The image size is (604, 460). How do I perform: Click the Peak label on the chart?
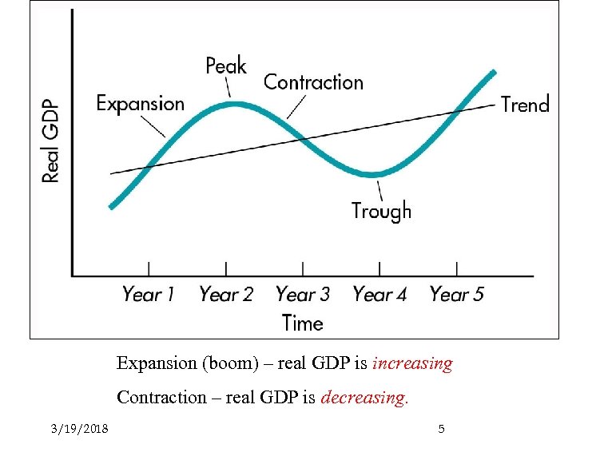click(x=226, y=65)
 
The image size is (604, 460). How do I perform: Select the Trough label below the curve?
click(x=381, y=211)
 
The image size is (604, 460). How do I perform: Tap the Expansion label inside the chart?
click(x=140, y=104)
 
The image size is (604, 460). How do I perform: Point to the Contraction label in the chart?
click(x=313, y=82)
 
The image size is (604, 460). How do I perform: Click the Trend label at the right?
click(x=525, y=105)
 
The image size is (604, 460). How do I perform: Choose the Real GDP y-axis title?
click(x=50, y=141)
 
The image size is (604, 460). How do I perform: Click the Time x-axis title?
click(x=302, y=323)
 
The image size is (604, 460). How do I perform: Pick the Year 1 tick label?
click(x=148, y=295)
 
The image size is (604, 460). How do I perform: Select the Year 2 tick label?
click(x=225, y=295)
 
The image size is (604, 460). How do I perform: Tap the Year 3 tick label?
click(x=302, y=295)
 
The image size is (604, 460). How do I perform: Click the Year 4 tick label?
click(x=379, y=295)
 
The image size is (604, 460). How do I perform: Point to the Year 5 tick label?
click(x=456, y=295)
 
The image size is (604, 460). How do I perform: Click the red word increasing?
click(x=412, y=364)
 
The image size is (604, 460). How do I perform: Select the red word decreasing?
click(x=364, y=398)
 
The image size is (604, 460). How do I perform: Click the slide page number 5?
click(x=441, y=430)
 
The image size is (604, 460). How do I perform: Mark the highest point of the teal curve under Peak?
click(x=232, y=103)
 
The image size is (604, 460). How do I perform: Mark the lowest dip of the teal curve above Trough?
click(x=373, y=173)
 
